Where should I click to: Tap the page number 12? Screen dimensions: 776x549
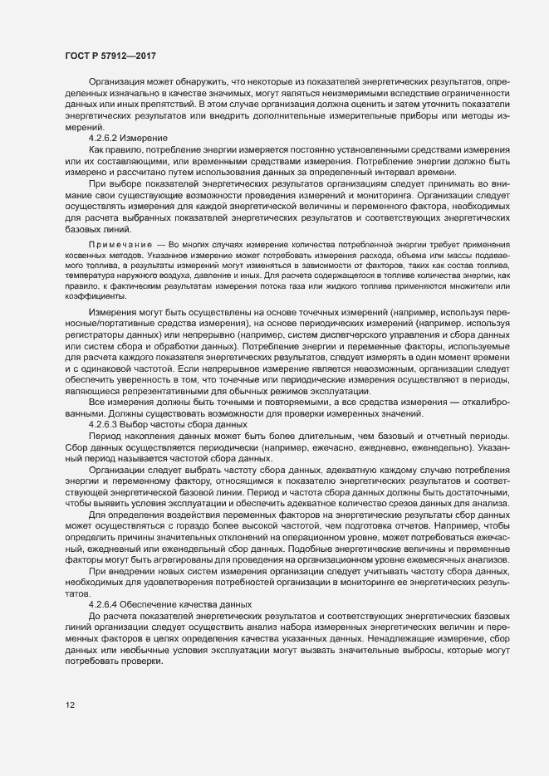70,705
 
